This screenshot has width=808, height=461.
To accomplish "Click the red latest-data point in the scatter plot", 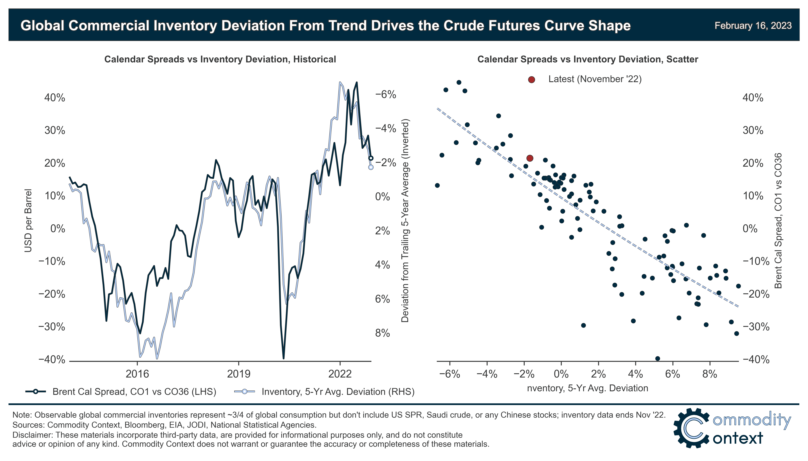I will pyautogui.click(x=530, y=158).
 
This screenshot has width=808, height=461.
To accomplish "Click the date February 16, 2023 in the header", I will pyautogui.click(x=753, y=26).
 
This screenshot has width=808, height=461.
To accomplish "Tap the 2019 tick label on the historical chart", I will pyautogui.click(x=239, y=374).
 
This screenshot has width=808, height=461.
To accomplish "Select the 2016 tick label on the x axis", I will pyautogui.click(x=137, y=374).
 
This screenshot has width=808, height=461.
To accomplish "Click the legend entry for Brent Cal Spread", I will pyautogui.click(x=134, y=392).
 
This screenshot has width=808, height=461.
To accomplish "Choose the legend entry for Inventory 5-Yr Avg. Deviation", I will pyautogui.click(x=338, y=392).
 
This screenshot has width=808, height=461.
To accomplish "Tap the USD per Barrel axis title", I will pyautogui.click(x=28, y=221).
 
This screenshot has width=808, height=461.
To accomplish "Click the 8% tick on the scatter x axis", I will pyautogui.click(x=709, y=374).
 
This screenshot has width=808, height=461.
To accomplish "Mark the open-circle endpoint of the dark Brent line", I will pyautogui.click(x=371, y=158).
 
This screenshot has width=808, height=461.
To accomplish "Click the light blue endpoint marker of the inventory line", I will pyautogui.click(x=371, y=167).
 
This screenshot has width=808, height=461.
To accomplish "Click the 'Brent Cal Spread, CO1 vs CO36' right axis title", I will pyautogui.click(x=778, y=221).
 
